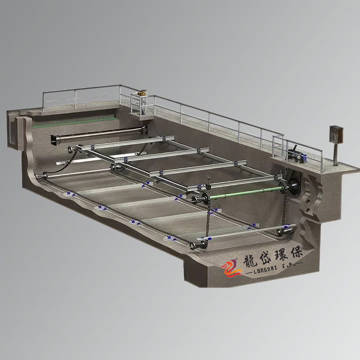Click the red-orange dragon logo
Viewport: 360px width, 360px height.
click(231, 268)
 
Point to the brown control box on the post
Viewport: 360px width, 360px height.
click(336, 134)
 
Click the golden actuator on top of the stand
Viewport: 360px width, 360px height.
click(143, 93)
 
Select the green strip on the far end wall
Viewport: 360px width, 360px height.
click(73, 122)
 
